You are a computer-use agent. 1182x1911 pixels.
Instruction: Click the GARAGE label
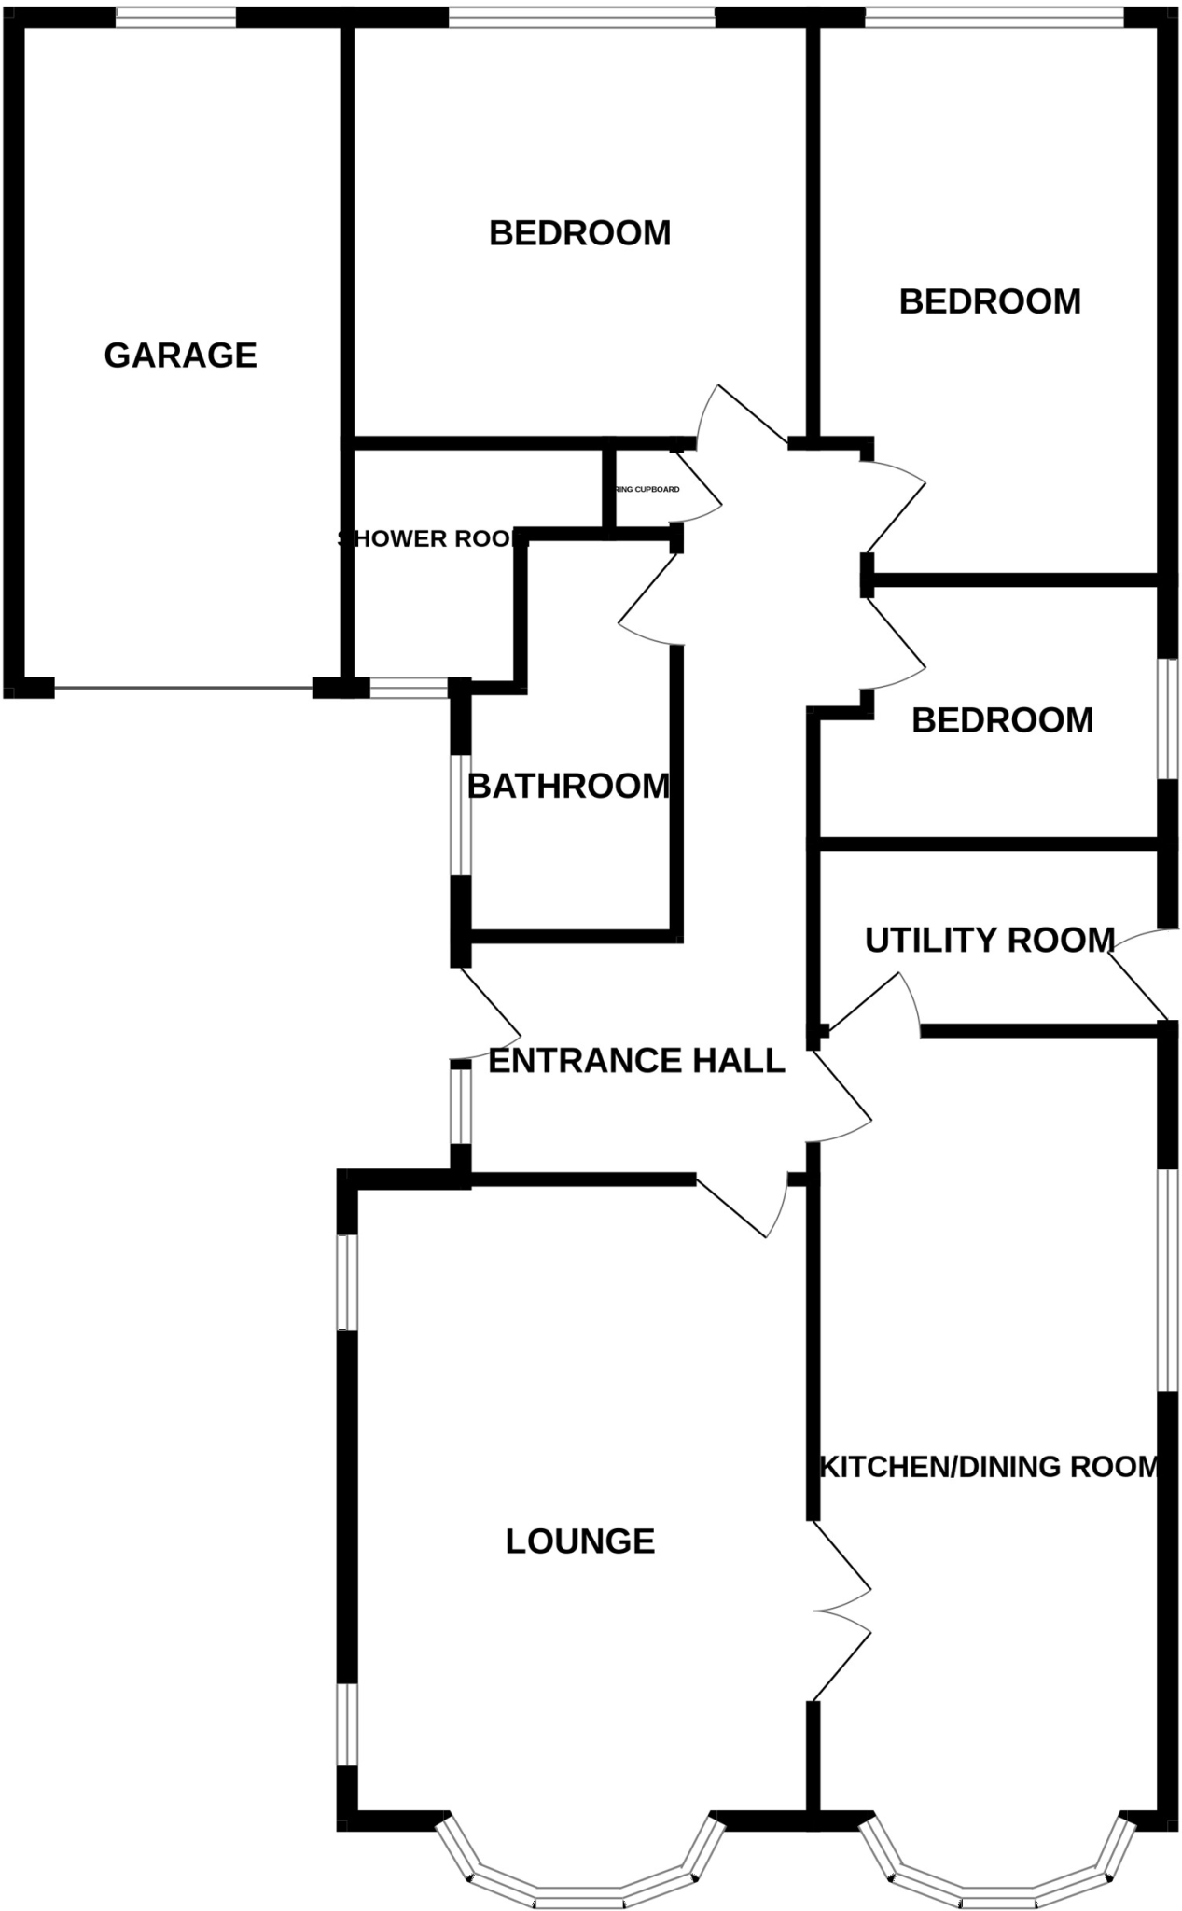(180, 356)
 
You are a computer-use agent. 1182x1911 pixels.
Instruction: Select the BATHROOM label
(568, 787)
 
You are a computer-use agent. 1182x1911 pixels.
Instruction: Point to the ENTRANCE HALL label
(636, 1061)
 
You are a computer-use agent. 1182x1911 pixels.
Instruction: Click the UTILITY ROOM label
(990, 940)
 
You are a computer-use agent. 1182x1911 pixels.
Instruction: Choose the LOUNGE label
(579, 1541)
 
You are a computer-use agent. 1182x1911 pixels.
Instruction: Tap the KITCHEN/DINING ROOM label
(989, 1466)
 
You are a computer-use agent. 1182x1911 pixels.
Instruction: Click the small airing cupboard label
(647, 490)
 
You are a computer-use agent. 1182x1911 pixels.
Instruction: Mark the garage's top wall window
(175, 18)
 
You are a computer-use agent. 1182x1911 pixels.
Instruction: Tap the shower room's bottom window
(409, 690)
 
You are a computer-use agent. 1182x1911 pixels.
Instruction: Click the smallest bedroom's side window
(1167, 718)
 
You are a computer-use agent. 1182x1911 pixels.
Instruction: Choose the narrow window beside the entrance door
(460, 1106)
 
